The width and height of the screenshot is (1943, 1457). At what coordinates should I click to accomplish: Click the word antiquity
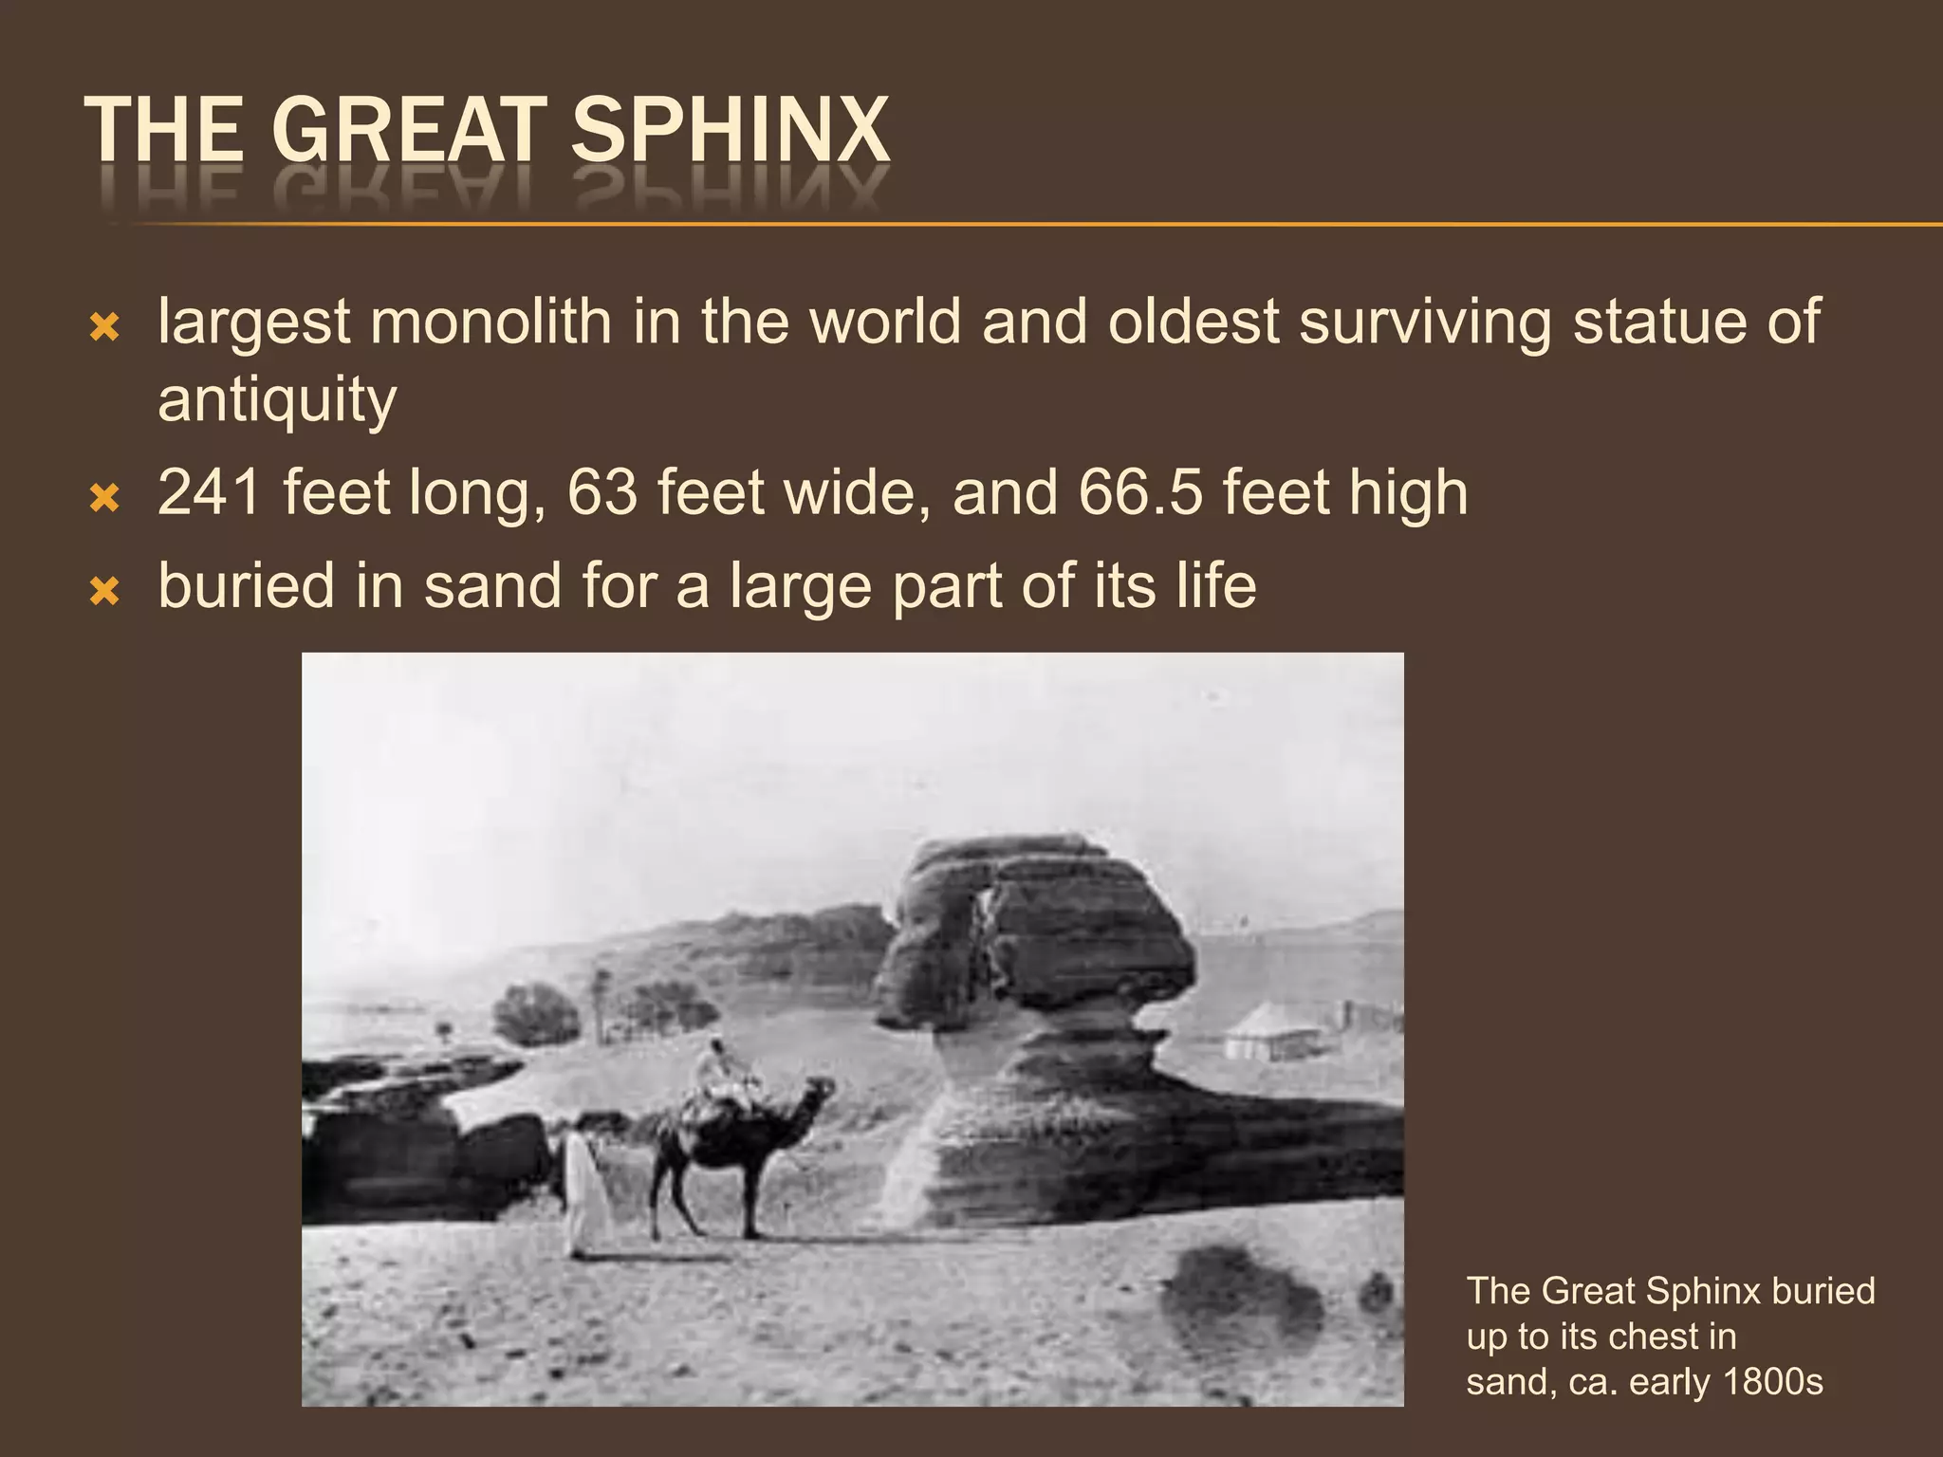pos(277,398)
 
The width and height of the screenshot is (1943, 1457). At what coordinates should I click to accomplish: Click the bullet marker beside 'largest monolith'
pos(104,328)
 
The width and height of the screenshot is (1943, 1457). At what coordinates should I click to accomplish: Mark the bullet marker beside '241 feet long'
pos(104,497)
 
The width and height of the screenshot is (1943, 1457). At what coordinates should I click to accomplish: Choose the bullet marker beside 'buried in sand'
pos(104,591)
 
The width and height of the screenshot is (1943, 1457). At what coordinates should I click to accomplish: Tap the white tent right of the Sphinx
pos(1272,1033)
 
